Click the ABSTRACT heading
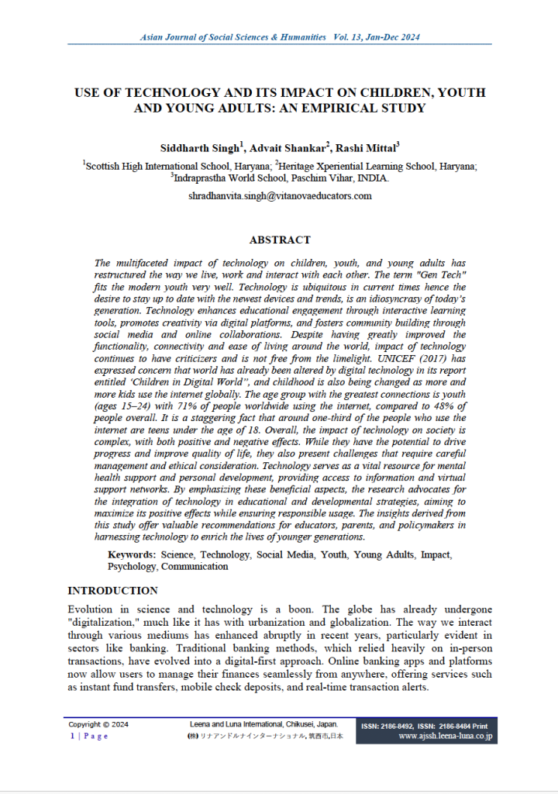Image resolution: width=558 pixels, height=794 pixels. pos(279,240)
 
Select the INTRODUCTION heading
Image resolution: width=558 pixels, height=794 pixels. pos(112,591)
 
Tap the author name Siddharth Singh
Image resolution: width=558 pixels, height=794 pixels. pos(198,147)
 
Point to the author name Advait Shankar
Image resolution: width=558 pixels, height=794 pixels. pos(283,147)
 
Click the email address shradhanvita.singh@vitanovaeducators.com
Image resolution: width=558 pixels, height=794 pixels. pos(280,195)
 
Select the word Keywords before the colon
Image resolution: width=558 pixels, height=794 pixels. pos(132,555)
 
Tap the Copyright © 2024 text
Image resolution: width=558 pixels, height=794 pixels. pos(98,724)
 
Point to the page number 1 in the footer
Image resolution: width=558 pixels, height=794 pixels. pos(72,736)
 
